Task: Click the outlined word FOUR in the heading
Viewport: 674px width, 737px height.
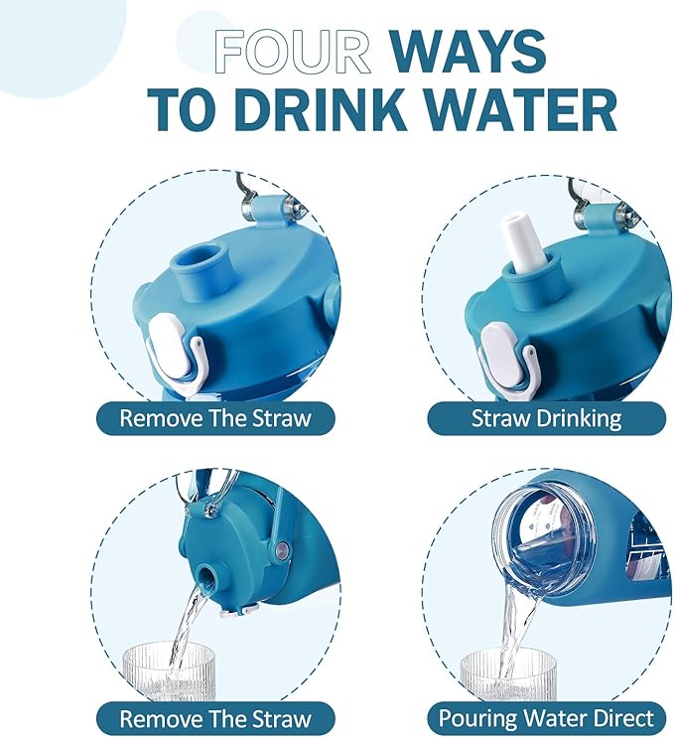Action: [x=292, y=52]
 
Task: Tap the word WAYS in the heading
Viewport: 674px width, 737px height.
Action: [x=467, y=52]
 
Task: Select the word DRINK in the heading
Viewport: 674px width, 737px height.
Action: [x=321, y=108]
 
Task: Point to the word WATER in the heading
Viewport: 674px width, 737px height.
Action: [x=522, y=108]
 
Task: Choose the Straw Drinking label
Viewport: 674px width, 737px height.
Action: [x=546, y=418]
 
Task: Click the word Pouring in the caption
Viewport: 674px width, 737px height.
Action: [x=478, y=719]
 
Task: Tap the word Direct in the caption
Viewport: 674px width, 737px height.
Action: [x=623, y=718]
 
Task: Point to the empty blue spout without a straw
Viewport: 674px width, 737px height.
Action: [x=202, y=271]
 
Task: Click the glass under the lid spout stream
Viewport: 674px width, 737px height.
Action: [x=169, y=672]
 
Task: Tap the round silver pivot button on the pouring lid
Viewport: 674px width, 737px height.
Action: [x=282, y=548]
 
